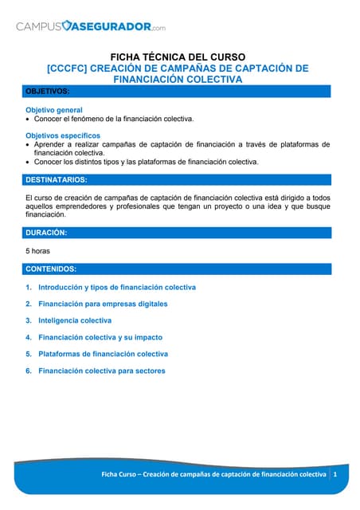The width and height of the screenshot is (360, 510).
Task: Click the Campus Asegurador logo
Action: click(x=91, y=26)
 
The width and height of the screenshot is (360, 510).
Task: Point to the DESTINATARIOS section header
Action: click(x=57, y=180)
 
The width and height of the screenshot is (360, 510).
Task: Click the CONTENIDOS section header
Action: click(x=51, y=269)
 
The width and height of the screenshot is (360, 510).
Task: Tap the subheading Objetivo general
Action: click(x=54, y=109)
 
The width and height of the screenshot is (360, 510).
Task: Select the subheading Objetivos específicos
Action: click(x=63, y=135)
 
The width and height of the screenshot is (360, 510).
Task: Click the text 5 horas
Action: click(x=37, y=251)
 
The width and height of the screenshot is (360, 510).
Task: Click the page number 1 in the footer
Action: click(x=335, y=474)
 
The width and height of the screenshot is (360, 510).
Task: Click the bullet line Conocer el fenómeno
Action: click(x=114, y=119)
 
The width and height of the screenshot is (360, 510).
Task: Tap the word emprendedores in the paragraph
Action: click(x=90, y=206)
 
